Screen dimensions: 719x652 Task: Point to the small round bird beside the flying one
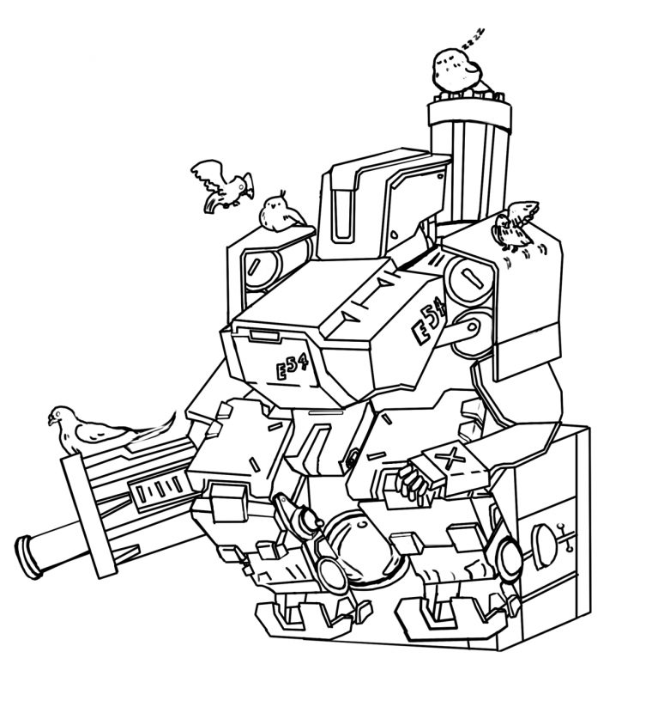point(277,211)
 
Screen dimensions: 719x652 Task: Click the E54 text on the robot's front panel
point(293,369)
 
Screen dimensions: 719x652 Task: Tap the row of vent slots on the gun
point(154,494)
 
